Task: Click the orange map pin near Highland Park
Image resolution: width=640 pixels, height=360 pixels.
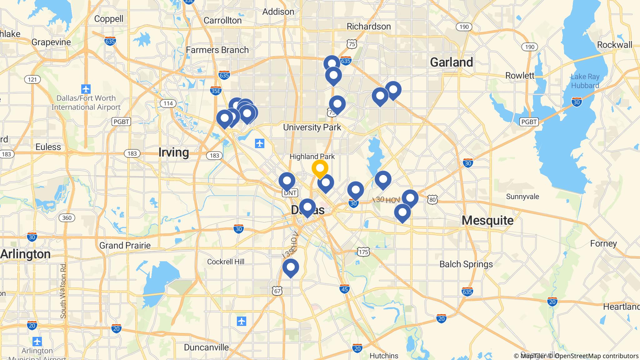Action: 320,168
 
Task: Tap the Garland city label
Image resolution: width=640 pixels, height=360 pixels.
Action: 451,62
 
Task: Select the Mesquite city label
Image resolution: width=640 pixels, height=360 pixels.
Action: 487,221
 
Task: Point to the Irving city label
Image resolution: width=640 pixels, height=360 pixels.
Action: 173,152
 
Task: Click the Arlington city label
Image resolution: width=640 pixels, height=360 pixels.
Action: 26,254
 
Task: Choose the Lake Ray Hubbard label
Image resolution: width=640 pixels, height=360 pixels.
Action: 585,81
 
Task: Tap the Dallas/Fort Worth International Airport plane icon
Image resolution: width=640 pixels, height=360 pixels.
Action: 86,89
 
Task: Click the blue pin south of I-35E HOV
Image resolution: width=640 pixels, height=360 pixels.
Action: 291,267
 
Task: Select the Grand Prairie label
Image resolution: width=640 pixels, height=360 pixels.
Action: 125,246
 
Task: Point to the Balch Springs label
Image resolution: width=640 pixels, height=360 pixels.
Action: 466,264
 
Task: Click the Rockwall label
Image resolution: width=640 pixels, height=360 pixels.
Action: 614,45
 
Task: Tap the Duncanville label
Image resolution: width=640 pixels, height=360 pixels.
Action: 206,347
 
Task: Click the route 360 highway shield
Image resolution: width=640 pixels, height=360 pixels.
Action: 67,218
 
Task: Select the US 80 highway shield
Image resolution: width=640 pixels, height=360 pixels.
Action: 432,199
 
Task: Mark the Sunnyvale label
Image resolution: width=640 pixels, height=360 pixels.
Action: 522,197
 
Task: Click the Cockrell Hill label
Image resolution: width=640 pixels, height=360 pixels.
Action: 226,262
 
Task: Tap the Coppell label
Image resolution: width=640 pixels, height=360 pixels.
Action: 109,19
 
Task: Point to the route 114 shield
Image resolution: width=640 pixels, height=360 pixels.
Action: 168,103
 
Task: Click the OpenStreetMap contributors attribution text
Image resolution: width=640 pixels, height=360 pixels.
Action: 596,356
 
